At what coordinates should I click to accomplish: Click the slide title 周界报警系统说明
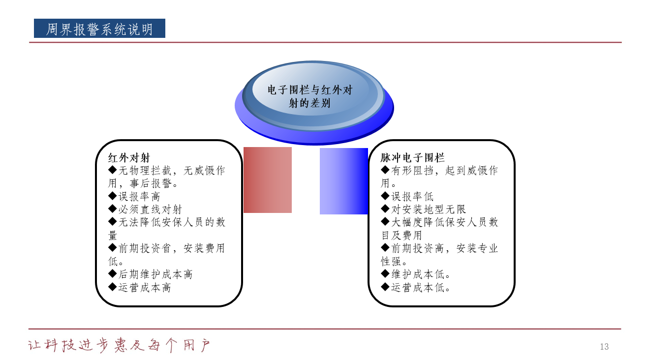click(x=99, y=29)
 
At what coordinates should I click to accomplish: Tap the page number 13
click(x=604, y=346)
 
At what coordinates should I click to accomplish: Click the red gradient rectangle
click(x=268, y=180)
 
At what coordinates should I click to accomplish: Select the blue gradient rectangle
click(x=344, y=181)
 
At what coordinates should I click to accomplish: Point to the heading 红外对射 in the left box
click(x=129, y=158)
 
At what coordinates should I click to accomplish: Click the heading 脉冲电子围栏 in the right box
click(x=412, y=158)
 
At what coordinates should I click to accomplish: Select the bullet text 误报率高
click(x=139, y=197)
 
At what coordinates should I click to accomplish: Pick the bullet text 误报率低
click(x=412, y=197)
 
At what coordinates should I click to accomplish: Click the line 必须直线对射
click(x=150, y=210)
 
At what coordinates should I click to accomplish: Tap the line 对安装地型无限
click(x=429, y=210)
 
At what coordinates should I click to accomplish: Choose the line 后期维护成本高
click(x=155, y=274)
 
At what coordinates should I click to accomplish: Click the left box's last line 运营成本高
click(x=145, y=288)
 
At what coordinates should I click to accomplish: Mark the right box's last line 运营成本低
click(x=420, y=288)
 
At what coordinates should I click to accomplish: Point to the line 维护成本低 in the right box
click(x=420, y=274)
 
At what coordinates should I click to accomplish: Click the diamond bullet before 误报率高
click(x=112, y=196)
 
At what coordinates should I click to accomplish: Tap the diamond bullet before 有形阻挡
click(x=385, y=170)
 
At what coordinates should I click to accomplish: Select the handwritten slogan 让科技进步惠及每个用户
click(x=119, y=345)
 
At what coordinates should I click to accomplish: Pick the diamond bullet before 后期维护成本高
click(x=112, y=273)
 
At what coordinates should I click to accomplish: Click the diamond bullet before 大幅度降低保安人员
click(x=385, y=221)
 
